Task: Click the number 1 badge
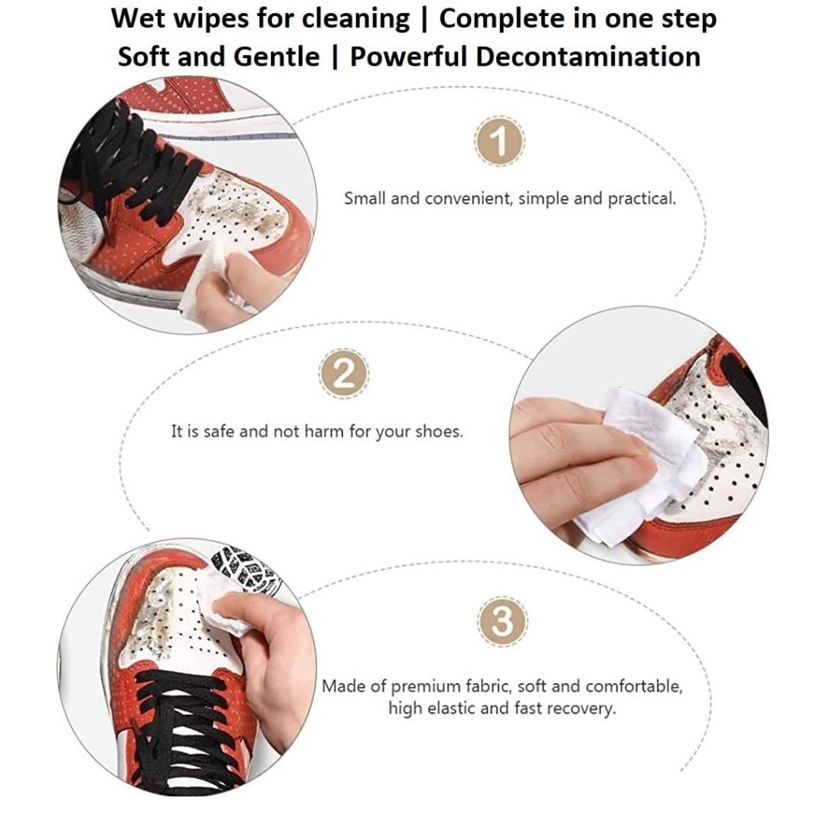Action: (x=499, y=142)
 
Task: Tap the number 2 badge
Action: (x=344, y=374)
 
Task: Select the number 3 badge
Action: (x=502, y=621)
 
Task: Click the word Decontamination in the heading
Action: (x=588, y=57)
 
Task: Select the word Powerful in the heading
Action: (x=409, y=57)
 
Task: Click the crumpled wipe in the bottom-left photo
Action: (x=221, y=601)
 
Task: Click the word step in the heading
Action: (x=689, y=20)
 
